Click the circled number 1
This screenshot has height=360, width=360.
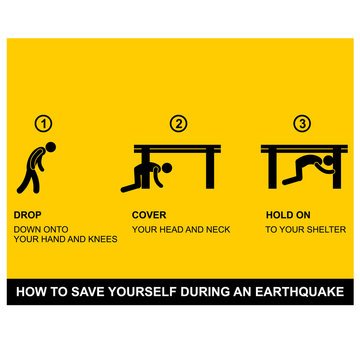point(42,125)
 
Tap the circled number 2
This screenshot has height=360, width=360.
point(178,125)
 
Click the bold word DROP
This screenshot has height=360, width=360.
point(28,215)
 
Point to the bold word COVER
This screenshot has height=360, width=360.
point(150,215)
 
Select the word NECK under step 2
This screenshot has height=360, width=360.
point(216,229)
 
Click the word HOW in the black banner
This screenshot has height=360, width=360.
point(31,292)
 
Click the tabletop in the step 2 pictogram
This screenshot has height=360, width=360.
point(178,148)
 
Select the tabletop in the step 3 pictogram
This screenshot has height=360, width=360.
point(304,148)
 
